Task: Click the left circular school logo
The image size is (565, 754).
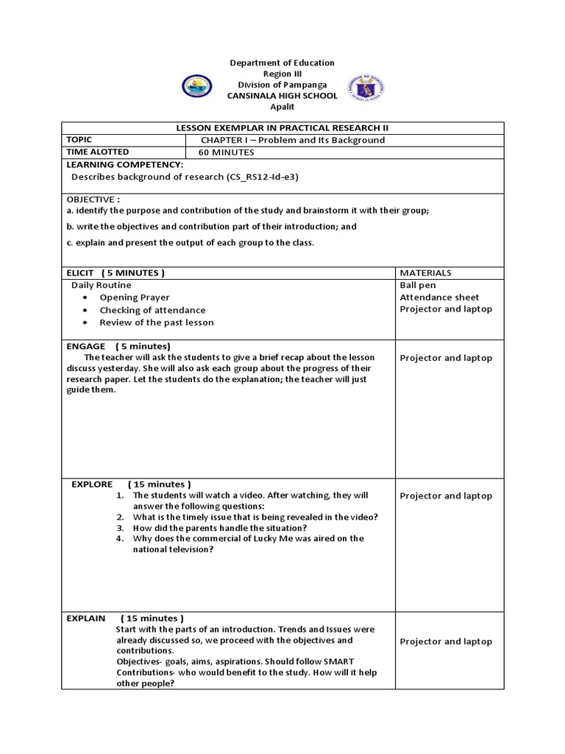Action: pyautogui.click(x=196, y=87)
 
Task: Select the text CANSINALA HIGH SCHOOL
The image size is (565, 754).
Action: pyautogui.click(x=282, y=96)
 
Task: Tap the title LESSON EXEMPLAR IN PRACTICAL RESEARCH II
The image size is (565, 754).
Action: pyautogui.click(x=282, y=128)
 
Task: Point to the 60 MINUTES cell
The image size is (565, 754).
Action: pyautogui.click(x=227, y=152)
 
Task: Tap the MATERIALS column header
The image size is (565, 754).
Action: pyautogui.click(x=425, y=273)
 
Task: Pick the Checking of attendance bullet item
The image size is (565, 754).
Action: pyautogui.click(x=152, y=310)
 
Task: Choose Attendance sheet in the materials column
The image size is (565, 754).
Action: pyautogui.click(x=439, y=297)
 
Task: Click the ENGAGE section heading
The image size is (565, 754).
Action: pyautogui.click(x=86, y=346)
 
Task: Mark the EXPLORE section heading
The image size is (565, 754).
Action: pyautogui.click(x=92, y=484)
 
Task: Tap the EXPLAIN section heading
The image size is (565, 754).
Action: pyautogui.click(x=86, y=618)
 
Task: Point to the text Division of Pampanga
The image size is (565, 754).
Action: pyautogui.click(x=282, y=85)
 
